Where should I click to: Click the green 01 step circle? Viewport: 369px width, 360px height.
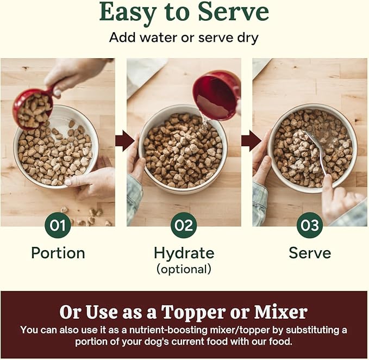pyautogui.click(x=58, y=225)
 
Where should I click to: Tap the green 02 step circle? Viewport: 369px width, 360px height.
pyautogui.click(x=184, y=225)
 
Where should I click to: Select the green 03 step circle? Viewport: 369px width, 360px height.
pyautogui.click(x=310, y=225)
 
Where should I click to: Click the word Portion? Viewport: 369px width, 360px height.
pyautogui.click(x=58, y=253)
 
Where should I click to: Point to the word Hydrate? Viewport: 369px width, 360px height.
pyautogui.click(x=184, y=253)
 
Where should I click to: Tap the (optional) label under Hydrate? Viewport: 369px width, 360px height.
pyautogui.click(x=184, y=269)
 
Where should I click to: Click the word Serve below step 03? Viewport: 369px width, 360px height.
pyautogui.click(x=310, y=253)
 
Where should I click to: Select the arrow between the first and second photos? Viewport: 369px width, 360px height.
pyautogui.click(x=125, y=141)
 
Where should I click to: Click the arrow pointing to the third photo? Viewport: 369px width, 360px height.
pyautogui.click(x=251, y=141)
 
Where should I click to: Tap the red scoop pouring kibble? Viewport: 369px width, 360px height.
pyautogui.click(x=33, y=108)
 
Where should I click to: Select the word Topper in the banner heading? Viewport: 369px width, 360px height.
pyautogui.click(x=204, y=312)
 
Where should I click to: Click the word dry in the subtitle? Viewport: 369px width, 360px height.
pyautogui.click(x=248, y=38)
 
